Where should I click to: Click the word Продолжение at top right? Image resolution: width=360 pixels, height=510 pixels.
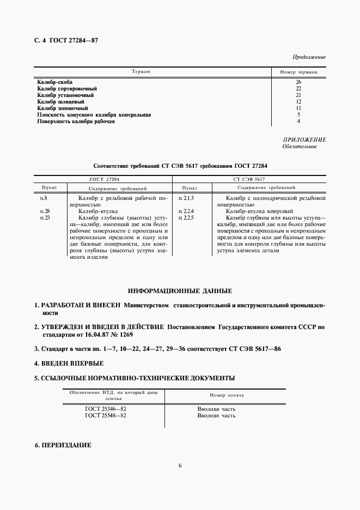[309, 57]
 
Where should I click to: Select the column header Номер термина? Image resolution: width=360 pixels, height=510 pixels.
[298, 72]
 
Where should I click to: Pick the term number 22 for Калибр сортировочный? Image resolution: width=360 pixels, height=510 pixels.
[298, 88]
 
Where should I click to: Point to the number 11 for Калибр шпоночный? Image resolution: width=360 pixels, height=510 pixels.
[298, 108]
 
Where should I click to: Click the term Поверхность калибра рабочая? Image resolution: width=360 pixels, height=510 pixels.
[76, 122]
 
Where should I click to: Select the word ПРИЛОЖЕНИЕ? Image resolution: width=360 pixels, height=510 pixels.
[304, 139]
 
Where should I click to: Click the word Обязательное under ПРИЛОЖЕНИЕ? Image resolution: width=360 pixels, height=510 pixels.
[300, 147]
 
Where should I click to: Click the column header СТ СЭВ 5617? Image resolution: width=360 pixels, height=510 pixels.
[249, 178]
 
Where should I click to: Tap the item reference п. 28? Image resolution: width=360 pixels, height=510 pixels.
[45, 210]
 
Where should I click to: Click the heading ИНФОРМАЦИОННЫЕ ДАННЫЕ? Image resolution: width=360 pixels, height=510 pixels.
[180, 291]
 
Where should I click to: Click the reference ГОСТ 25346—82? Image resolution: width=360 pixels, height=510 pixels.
[106, 408]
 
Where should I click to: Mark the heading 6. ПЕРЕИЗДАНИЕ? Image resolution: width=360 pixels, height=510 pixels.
[63, 445]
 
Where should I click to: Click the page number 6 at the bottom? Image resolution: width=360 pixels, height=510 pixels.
[180, 465]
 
